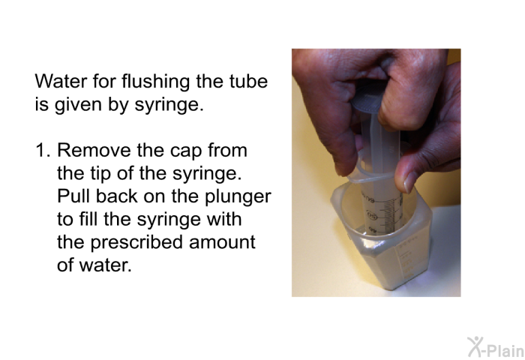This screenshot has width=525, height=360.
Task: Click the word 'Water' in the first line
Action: click(61, 81)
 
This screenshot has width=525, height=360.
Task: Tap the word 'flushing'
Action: click(156, 82)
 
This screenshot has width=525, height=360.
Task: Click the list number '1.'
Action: click(43, 150)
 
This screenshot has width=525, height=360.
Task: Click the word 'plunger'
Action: click(238, 197)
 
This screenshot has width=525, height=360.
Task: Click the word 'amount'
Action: click(222, 243)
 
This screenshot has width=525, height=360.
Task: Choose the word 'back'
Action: click(116, 196)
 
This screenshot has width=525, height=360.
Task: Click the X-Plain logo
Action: click(496, 347)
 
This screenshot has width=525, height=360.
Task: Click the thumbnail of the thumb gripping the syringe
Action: click(409, 181)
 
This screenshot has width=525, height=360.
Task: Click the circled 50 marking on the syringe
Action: click(372, 216)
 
